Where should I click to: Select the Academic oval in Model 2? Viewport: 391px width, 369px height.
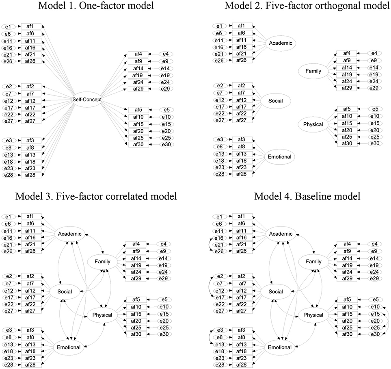280,43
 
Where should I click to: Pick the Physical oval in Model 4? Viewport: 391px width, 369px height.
313,315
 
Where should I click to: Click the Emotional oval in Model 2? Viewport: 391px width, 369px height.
280,156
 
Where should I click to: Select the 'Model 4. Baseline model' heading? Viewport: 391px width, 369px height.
307,197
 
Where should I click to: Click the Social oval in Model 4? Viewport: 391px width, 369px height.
276,291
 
